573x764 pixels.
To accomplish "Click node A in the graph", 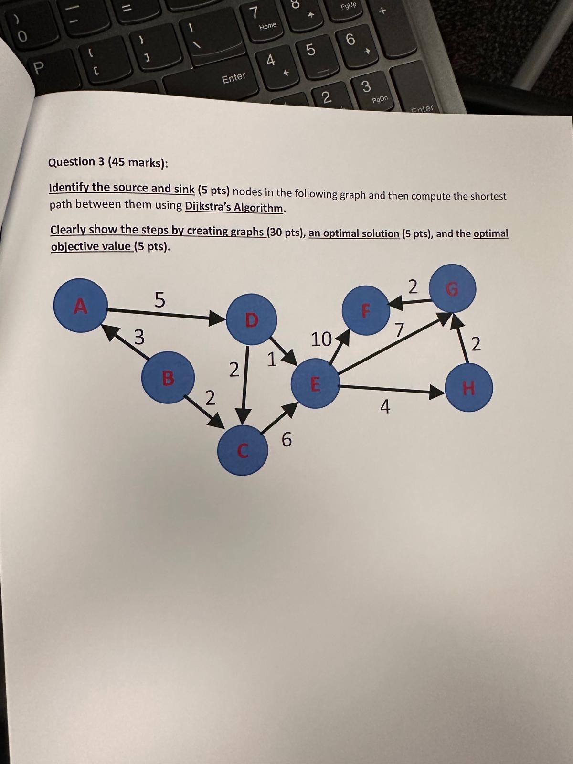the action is click(81, 305).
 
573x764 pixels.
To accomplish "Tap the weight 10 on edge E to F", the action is click(321, 340).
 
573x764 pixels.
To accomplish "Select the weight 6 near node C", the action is click(286, 439).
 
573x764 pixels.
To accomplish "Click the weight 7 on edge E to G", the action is click(399, 329).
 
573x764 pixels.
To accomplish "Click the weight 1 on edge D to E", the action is click(271, 359).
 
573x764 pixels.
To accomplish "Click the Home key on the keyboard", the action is click(267, 26).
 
